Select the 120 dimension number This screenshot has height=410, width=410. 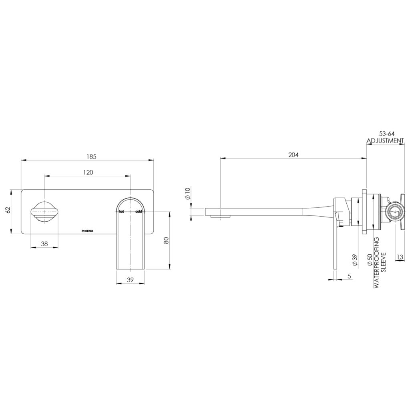88,172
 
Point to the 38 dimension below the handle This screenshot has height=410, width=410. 44,243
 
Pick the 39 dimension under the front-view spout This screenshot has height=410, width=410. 131,280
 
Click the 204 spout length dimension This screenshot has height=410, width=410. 293,155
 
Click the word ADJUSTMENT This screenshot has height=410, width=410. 385,141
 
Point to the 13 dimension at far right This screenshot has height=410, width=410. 400,257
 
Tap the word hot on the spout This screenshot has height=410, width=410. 121,211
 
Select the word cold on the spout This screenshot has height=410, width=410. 139,211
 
